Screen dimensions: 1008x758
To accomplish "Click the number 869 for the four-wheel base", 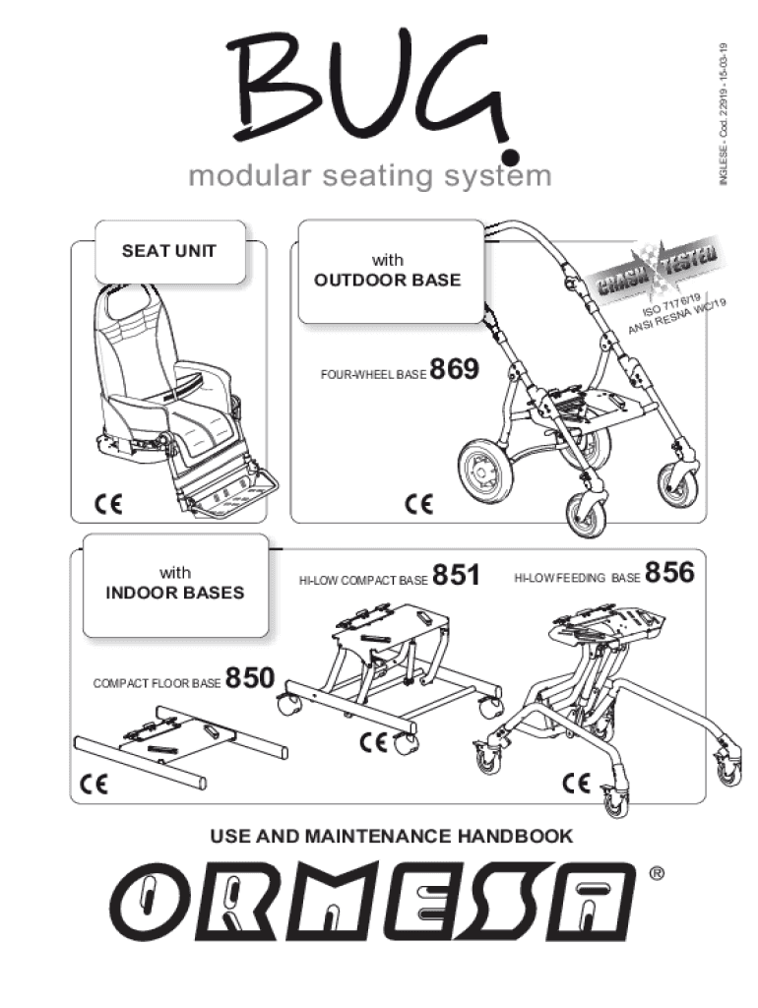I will coord(454,370).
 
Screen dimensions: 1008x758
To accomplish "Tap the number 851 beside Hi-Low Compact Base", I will coord(456,575).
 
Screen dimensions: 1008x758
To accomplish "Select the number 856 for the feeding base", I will coord(670,572).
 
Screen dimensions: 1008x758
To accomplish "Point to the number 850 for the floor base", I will coord(250,678).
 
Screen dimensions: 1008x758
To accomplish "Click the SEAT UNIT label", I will coord(169,250).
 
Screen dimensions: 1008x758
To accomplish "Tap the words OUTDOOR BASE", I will coord(387,280).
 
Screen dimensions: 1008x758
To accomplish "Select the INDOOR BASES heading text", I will coord(175,594).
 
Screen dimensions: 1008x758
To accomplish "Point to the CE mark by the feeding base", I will coord(577,784).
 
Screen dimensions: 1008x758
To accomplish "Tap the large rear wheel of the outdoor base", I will coord(483,473).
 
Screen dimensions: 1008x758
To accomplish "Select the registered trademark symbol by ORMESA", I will coord(658,873).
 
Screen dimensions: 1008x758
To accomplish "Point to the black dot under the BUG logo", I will coord(509,157).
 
